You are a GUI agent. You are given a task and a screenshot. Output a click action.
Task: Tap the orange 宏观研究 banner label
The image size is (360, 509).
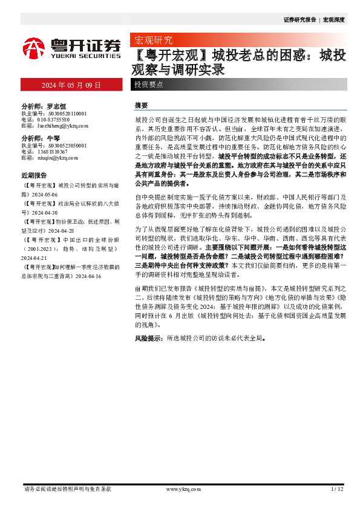[x=152, y=41]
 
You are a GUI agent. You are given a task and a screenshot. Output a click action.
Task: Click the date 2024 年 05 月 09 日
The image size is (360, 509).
[x=71, y=85]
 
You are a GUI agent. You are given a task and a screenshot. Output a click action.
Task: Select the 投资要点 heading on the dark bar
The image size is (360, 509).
[x=148, y=85]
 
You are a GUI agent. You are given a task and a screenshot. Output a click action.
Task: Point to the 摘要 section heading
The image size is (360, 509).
[x=141, y=105]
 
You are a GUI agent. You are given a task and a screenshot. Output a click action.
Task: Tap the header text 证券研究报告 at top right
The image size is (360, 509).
[x=300, y=19]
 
